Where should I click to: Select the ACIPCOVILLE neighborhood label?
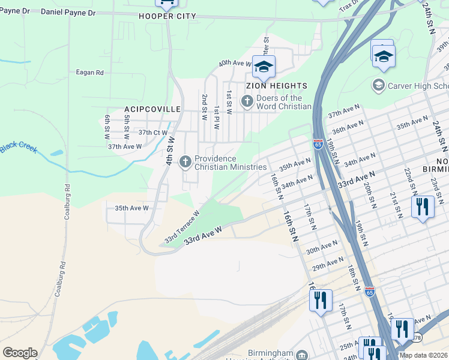pyautogui.click(x=152, y=109)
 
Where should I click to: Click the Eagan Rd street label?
pyautogui.click(x=89, y=73)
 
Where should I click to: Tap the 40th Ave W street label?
pyautogui.click(x=235, y=62)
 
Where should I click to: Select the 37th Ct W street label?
pyautogui.click(x=152, y=133)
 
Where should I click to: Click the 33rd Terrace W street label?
pyautogui.click(x=182, y=227)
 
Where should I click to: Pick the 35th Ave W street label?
pyautogui.click(x=131, y=208)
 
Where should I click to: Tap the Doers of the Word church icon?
pyautogui.click(x=247, y=103)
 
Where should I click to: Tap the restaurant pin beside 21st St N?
pyautogui.click(x=423, y=207)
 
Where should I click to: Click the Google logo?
pyautogui.click(x=20, y=353)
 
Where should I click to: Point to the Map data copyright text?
pyautogui.click(x=423, y=355)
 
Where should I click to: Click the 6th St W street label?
pyautogui.click(x=107, y=124)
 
